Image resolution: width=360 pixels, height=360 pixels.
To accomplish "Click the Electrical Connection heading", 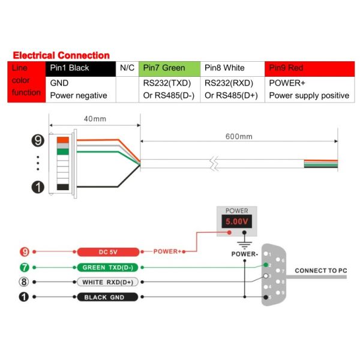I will pyautogui.click(x=61, y=55).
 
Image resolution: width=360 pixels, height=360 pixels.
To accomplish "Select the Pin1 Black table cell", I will pyautogui.click(x=80, y=68).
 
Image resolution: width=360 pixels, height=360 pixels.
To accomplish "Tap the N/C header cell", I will pyautogui.click(x=127, y=68).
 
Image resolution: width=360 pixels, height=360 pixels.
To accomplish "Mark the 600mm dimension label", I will pyautogui.click(x=239, y=136).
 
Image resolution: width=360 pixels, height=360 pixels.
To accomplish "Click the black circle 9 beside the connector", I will pyautogui.click(x=38, y=141).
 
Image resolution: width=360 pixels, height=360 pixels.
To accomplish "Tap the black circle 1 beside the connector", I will pyautogui.click(x=38, y=187).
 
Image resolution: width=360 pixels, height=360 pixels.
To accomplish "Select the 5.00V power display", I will pyautogui.click(x=236, y=222).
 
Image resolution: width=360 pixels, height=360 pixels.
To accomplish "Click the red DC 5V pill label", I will pyautogui.click(x=108, y=251).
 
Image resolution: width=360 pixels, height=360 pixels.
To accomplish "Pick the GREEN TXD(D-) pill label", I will pyautogui.click(x=108, y=267).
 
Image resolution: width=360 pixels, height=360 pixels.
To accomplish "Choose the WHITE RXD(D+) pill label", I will pyautogui.click(x=108, y=281).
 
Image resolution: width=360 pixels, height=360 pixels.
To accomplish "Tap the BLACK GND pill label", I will pyautogui.click(x=108, y=297).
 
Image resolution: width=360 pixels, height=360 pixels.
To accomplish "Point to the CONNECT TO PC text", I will pyautogui.click(x=321, y=271).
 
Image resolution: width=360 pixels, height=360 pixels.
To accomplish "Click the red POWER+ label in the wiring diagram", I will pyautogui.click(x=167, y=251).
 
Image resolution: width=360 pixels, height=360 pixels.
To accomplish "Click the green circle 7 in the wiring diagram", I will pyautogui.click(x=25, y=267).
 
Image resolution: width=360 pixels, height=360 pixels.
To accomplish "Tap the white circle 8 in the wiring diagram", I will pyautogui.click(x=25, y=281).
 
